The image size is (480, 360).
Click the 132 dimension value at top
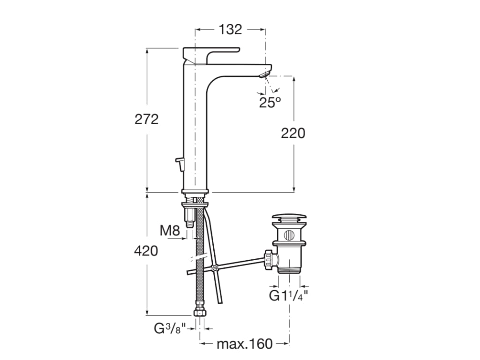point(230,30)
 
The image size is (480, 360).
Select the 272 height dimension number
point(147,119)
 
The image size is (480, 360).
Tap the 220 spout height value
point(293,133)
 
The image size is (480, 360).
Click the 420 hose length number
point(146,251)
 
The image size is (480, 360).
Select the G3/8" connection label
point(170,329)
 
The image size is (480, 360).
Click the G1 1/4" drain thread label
point(289,296)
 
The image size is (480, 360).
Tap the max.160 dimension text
point(244,344)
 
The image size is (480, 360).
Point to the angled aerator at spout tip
point(264,74)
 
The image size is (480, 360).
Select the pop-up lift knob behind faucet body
point(180,162)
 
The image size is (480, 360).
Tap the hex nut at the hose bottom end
point(200,313)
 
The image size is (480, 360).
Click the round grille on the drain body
point(289,234)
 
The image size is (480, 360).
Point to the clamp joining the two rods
point(215,269)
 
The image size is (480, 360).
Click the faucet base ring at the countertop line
point(195,191)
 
